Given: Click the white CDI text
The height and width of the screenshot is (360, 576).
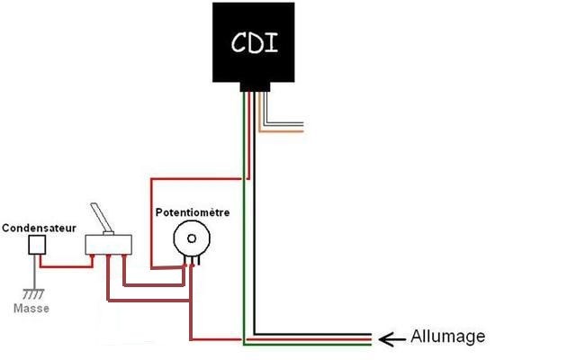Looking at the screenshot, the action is pyautogui.click(x=254, y=42).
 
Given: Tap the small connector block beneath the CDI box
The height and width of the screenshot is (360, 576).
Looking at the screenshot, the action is pyautogui.click(x=255, y=87).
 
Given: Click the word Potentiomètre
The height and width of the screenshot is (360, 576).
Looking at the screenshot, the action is pyautogui.click(x=193, y=212).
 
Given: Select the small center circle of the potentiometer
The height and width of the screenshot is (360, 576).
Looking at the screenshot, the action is pyautogui.click(x=192, y=238).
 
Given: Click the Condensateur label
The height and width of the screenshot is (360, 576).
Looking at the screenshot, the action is pyautogui.click(x=39, y=228).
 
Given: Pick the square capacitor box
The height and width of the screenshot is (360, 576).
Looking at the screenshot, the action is pyautogui.click(x=37, y=245).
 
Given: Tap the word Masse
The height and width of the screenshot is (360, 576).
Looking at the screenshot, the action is pyautogui.click(x=31, y=308).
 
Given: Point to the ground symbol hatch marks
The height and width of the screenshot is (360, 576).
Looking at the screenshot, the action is pyautogui.click(x=33, y=294).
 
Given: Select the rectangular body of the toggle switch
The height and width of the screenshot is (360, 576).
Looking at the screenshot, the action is pyautogui.click(x=108, y=245).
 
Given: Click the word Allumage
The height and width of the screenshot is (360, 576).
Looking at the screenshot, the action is pyautogui.click(x=448, y=337).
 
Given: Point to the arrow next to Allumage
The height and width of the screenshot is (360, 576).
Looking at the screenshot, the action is pyautogui.click(x=391, y=339).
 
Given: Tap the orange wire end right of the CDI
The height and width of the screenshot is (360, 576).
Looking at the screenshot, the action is pyautogui.click(x=301, y=131).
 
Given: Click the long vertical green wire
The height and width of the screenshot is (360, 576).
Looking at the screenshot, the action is pyautogui.click(x=243, y=218).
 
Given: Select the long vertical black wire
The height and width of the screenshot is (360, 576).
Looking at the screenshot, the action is pyautogui.click(x=255, y=213).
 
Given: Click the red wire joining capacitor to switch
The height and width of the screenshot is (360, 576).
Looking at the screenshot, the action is pyautogui.click(x=66, y=266).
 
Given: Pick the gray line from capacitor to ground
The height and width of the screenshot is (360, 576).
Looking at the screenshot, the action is pyautogui.click(x=34, y=272).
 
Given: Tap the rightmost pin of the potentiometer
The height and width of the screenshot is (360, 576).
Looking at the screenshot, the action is pyautogui.click(x=199, y=260).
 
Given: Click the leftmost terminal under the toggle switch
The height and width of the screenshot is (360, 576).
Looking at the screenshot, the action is pyautogui.click(x=93, y=256).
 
